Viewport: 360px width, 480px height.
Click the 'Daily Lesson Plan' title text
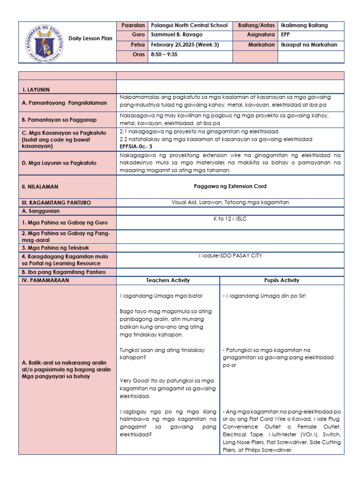[x=90, y=38]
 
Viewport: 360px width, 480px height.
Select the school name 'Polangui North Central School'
[x=189, y=25]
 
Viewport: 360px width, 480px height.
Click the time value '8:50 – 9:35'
[x=164, y=55]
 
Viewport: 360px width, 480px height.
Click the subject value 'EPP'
[x=285, y=35]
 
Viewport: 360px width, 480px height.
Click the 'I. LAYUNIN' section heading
[x=36, y=89]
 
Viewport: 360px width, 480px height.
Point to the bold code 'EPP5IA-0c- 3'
[x=140, y=146]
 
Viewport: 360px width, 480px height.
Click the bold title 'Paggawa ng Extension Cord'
[x=230, y=186]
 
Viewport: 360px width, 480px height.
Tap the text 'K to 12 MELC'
[x=230, y=219]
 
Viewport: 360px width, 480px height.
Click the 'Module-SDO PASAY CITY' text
[x=230, y=255]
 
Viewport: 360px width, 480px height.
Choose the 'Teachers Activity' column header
[x=168, y=280]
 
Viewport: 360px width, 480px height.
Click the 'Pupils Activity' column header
[x=281, y=280]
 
